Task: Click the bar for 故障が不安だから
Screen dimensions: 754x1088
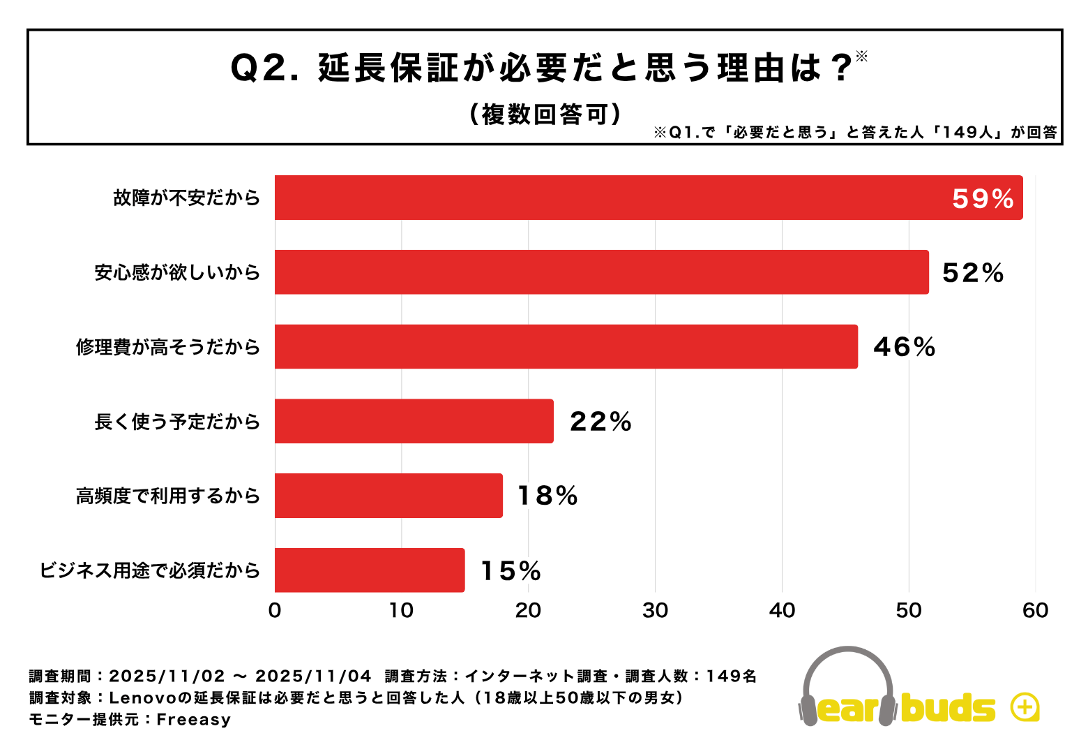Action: pos(649,198)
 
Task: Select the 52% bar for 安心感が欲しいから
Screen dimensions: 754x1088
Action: pos(601,272)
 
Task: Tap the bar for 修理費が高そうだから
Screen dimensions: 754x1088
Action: pos(566,347)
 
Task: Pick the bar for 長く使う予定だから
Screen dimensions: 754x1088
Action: pos(414,421)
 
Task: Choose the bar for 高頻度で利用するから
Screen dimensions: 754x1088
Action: pos(388,496)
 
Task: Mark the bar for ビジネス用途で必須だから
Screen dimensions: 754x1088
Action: pos(370,570)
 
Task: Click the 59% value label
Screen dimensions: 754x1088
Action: pos(983,199)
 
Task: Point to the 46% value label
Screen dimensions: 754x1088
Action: pos(904,347)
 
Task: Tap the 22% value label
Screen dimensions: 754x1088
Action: pos(600,422)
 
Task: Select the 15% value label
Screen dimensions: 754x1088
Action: pos(511,571)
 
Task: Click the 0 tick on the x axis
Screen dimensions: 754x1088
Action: pos(275,611)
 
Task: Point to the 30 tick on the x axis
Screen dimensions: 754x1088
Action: pos(655,611)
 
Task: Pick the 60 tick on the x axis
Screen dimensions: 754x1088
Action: pos(1035,611)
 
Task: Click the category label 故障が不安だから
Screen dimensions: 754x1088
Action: pos(187,198)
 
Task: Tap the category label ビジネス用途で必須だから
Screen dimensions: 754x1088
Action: pos(150,570)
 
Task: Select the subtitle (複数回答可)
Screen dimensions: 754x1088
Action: pos(545,114)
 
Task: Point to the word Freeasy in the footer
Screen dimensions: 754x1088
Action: pos(193,720)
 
